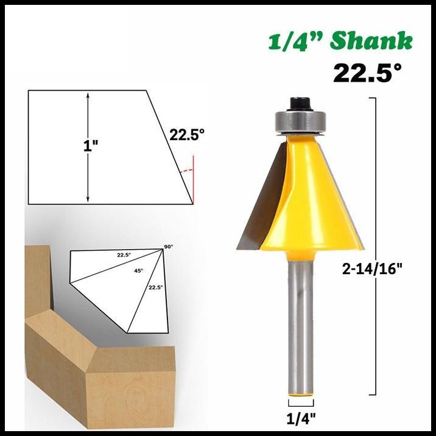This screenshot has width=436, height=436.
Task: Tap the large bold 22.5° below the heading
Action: pos(367,74)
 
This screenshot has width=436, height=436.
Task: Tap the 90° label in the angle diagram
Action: pos(168,246)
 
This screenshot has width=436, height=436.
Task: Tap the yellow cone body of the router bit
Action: pos(304,195)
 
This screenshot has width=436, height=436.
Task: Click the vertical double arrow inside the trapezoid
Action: pos(88,147)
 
